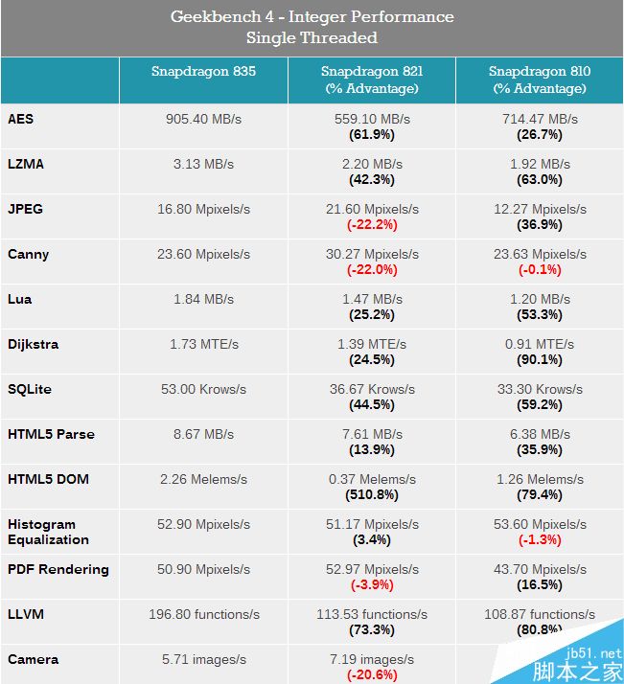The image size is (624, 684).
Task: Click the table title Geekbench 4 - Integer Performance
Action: [x=312, y=17]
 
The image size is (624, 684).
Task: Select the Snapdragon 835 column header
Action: [x=203, y=72]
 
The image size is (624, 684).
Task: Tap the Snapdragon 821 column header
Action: [x=372, y=80]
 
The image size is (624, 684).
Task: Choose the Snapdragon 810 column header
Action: [x=540, y=80]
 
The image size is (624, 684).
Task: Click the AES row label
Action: [x=21, y=119]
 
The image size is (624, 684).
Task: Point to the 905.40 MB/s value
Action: [x=203, y=119]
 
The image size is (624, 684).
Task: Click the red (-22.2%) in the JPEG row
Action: [x=372, y=224]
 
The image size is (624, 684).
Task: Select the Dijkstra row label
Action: [x=34, y=344]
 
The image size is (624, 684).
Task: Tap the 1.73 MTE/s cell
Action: [x=203, y=344]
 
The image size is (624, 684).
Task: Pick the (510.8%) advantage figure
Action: [x=372, y=494]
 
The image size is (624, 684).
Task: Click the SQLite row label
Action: [x=29, y=389]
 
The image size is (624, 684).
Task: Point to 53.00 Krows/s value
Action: [x=203, y=389]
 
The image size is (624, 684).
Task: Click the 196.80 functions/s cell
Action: [x=203, y=614]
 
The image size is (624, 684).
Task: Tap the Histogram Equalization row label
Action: [x=48, y=531]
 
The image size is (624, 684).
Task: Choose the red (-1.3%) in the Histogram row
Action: [x=540, y=539]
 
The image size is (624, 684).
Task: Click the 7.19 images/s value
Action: [x=372, y=660]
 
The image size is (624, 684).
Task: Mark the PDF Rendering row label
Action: [x=58, y=569]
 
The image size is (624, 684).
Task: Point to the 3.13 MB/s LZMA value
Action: [x=203, y=164]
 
